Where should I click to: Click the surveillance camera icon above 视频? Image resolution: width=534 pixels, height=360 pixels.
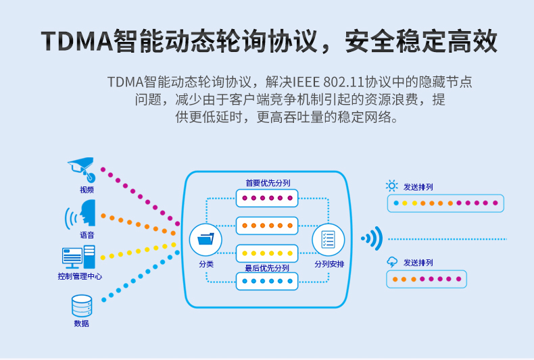pyautogui.click(x=82, y=169)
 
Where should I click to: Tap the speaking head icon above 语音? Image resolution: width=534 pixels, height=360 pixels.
pyautogui.click(x=80, y=213)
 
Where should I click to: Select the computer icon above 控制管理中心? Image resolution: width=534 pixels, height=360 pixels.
pyautogui.click(x=78, y=257)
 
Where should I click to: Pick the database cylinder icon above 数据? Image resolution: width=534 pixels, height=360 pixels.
pyautogui.click(x=82, y=305)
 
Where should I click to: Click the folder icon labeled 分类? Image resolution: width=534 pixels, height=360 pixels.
pyautogui.click(x=205, y=240)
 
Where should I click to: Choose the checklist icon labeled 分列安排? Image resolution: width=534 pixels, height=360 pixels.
pyautogui.click(x=329, y=240)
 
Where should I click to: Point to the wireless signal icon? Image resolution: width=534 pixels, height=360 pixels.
pyautogui.click(x=372, y=238)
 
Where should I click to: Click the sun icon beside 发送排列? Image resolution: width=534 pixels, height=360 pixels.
pyautogui.click(x=391, y=186)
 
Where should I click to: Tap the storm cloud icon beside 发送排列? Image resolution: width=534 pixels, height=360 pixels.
pyautogui.click(x=392, y=262)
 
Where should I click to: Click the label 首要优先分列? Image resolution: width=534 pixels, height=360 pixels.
pyautogui.click(x=268, y=183)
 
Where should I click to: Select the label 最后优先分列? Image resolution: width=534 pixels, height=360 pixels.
pyautogui.click(x=267, y=268)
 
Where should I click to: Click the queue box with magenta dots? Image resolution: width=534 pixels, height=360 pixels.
pyautogui.click(x=267, y=198)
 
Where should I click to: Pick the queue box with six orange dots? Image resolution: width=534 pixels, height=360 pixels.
pyautogui.click(x=267, y=226)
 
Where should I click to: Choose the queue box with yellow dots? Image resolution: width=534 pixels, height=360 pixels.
pyautogui.click(x=267, y=253)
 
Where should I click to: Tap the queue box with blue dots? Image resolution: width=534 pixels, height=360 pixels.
pyautogui.click(x=267, y=281)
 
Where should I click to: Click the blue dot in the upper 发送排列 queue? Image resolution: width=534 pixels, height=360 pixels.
pyautogui.click(x=396, y=203)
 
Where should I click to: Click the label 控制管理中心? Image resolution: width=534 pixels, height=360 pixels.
pyautogui.click(x=80, y=276)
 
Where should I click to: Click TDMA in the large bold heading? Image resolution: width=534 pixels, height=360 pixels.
pyautogui.click(x=77, y=41)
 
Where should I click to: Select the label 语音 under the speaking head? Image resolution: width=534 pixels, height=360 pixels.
pyautogui.click(x=87, y=235)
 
